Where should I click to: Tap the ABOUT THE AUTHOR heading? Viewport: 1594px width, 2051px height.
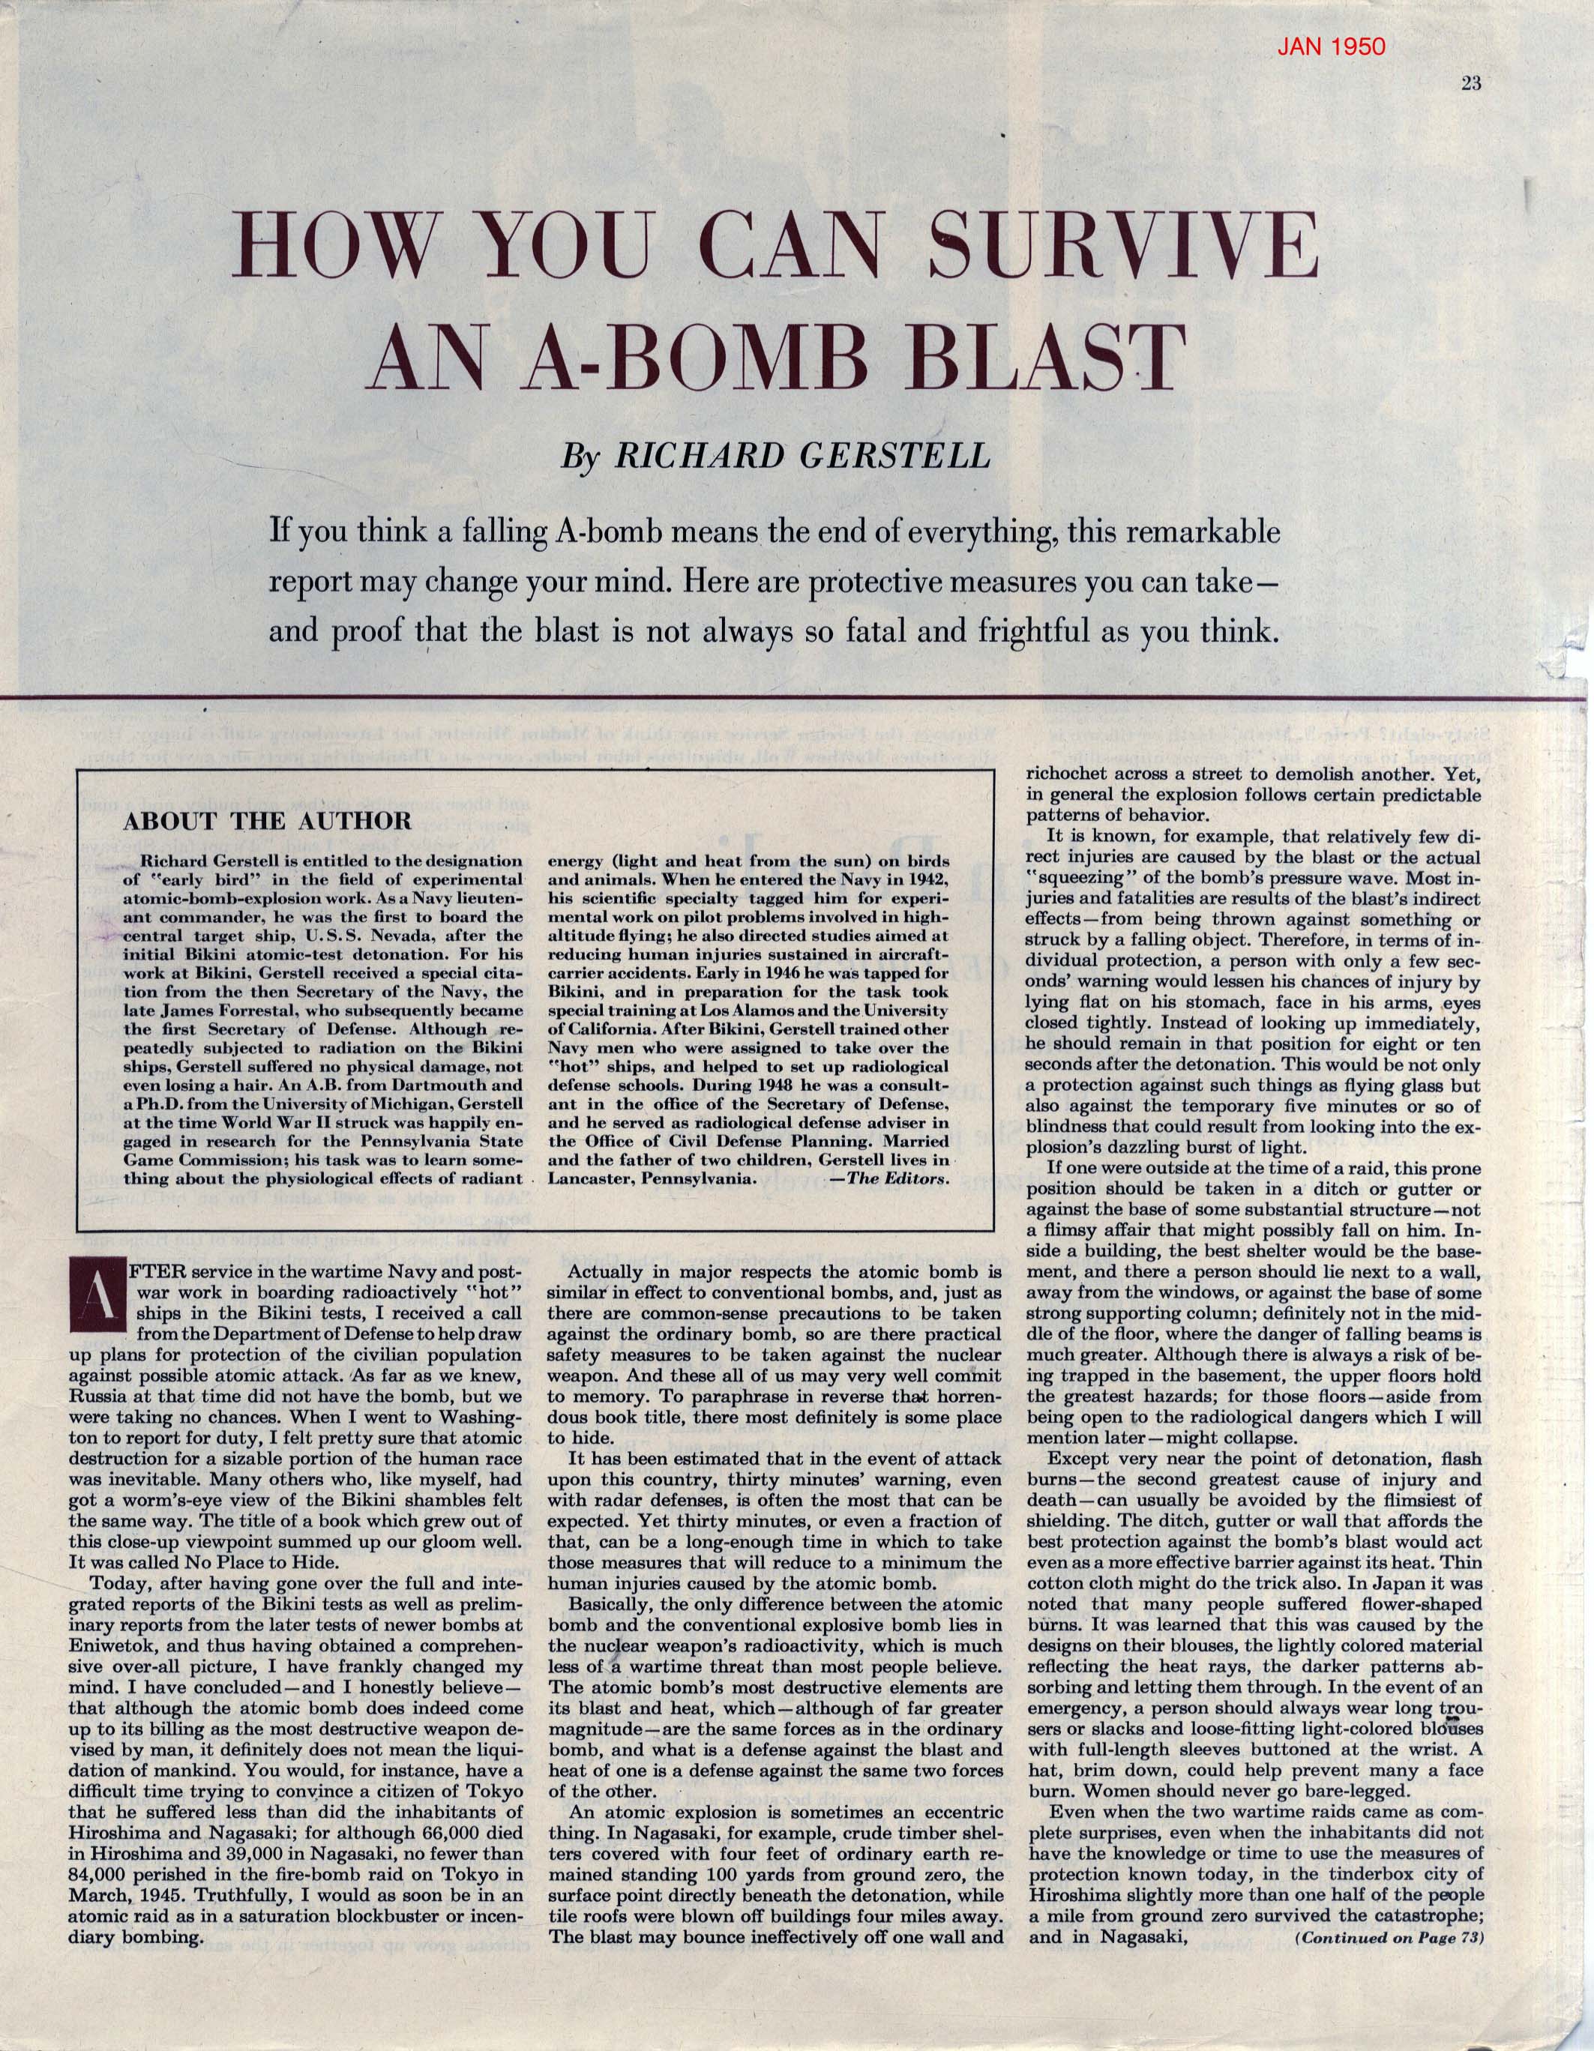pyautogui.click(x=268, y=820)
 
